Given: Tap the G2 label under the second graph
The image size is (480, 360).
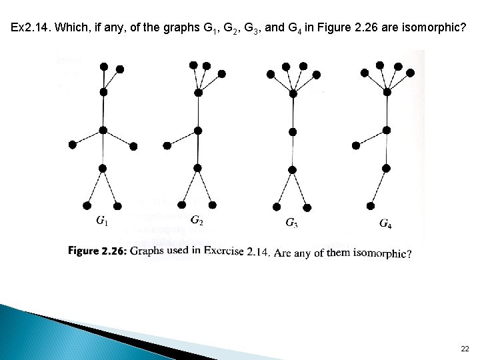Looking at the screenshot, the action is pyautogui.click(x=197, y=221).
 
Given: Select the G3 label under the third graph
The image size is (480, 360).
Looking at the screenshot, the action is pyautogui.click(x=291, y=223).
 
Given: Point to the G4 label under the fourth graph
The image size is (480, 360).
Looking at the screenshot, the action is pyautogui.click(x=385, y=223).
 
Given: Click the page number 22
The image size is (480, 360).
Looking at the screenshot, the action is pyautogui.click(x=465, y=349).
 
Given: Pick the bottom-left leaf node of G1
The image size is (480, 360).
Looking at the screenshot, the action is pyautogui.click(x=87, y=205).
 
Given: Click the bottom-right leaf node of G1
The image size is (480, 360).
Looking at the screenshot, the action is pyautogui.click(x=118, y=205).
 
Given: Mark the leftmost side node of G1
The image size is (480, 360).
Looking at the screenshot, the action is pyautogui.click(x=72, y=144).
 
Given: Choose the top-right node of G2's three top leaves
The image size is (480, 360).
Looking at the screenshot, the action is pyautogui.click(x=222, y=73).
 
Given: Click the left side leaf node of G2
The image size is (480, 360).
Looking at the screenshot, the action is pyautogui.click(x=167, y=145).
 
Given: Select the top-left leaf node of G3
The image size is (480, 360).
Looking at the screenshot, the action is pyautogui.click(x=269, y=73).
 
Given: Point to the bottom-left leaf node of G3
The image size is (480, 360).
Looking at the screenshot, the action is pyautogui.click(x=277, y=206).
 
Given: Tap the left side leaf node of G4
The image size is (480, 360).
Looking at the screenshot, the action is pyautogui.click(x=356, y=145).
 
